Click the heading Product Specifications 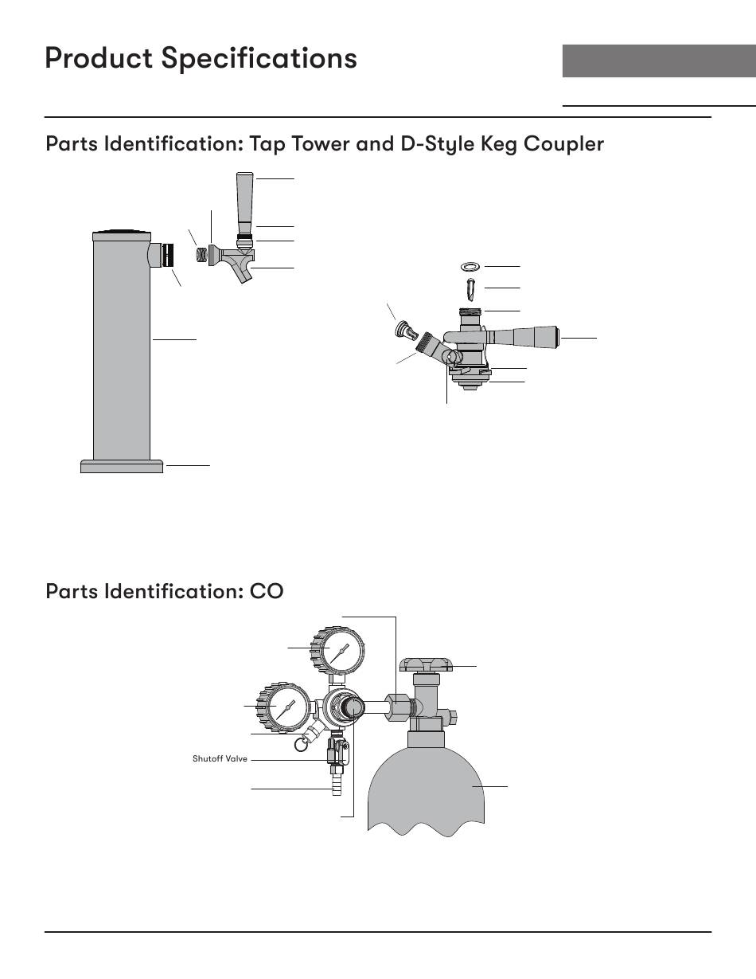coord(201,58)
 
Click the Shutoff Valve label coord(220,759)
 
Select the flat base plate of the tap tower coord(122,466)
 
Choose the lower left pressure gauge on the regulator coord(281,706)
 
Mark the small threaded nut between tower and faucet coord(201,255)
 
